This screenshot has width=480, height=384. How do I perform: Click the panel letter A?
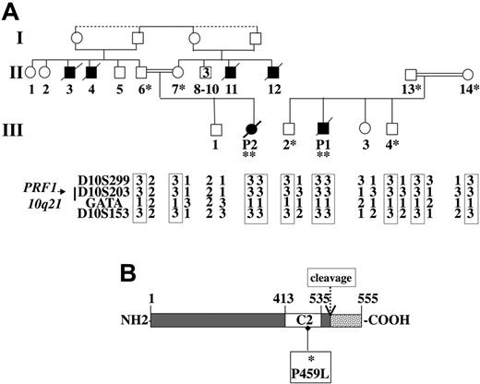coord(10,10)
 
